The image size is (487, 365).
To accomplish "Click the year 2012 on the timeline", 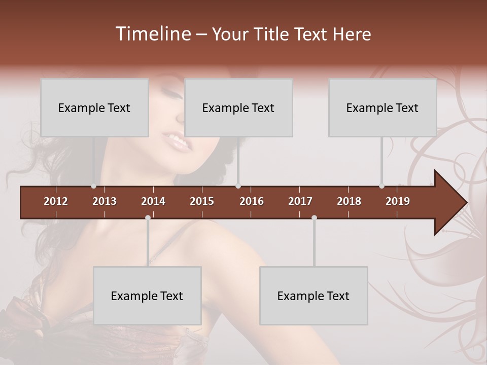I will [x=56, y=201].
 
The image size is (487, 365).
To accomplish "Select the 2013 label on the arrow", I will [x=105, y=201].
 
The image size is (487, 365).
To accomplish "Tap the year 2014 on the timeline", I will [x=153, y=201].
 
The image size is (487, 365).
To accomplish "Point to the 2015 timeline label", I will [x=202, y=201].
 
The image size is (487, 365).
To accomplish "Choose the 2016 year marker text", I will [x=252, y=201].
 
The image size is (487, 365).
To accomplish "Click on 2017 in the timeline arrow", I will [x=300, y=201].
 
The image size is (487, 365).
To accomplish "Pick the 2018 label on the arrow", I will [x=349, y=201].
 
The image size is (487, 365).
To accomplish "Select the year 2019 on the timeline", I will [x=398, y=201].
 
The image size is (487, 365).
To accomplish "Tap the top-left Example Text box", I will [x=94, y=107].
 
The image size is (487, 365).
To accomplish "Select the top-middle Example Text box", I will [x=238, y=107].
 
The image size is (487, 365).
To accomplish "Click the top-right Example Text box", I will [x=382, y=107].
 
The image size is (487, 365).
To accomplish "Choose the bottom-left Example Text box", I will [x=147, y=296].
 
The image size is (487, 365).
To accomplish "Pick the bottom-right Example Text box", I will [x=314, y=296].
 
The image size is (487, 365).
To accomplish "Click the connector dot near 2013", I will [x=93, y=186].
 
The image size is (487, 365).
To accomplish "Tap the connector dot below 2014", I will [x=148, y=217].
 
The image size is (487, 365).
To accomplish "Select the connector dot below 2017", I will [x=314, y=217].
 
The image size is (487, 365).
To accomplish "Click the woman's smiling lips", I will [x=178, y=141].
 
